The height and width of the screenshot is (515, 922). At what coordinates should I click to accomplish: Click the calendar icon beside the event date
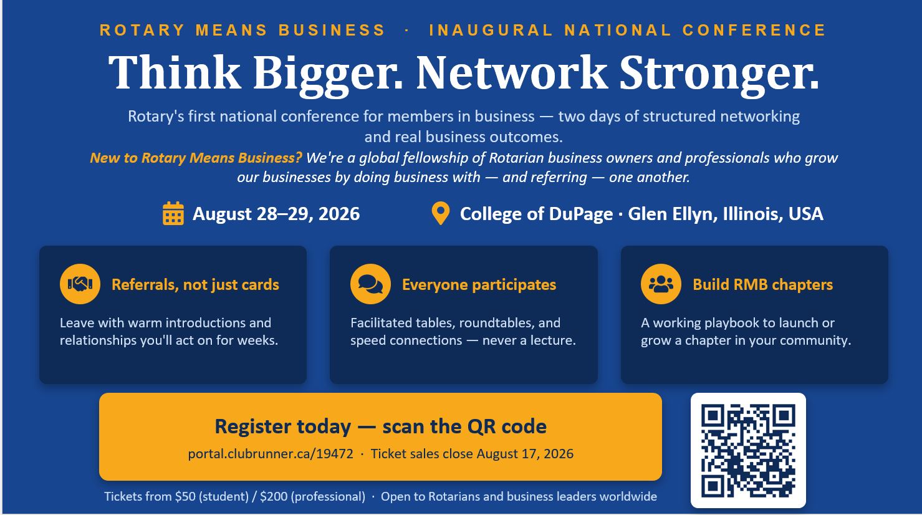coord(173,213)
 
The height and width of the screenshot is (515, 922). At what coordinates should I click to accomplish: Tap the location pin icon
coord(440,213)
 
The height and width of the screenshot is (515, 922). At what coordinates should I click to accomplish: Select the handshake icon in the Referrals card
coord(80,284)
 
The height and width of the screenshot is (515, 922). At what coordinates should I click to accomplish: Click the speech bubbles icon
coord(370,284)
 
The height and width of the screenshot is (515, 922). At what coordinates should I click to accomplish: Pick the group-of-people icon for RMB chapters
coord(661,284)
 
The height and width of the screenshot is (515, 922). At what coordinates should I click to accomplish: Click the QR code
coord(748,450)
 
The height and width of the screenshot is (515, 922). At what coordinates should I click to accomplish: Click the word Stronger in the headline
coord(719,74)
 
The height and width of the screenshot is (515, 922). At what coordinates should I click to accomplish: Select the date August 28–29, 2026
coord(276,214)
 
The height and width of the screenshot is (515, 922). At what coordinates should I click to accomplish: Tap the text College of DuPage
coord(536,214)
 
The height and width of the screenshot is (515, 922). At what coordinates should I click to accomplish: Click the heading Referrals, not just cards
coord(195,284)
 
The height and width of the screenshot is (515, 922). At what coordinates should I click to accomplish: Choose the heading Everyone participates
coord(479,284)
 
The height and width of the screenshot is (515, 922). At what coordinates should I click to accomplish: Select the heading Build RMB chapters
coord(762,284)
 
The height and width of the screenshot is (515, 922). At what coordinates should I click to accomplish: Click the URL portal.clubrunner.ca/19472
coord(271,454)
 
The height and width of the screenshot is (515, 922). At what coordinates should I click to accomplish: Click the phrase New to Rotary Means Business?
coord(196,158)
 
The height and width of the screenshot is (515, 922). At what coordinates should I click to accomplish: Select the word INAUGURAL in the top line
coord(491,30)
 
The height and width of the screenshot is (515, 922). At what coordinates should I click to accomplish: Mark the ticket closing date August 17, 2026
coord(525,454)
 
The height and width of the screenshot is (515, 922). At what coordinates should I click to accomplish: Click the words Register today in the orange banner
coord(283,426)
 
